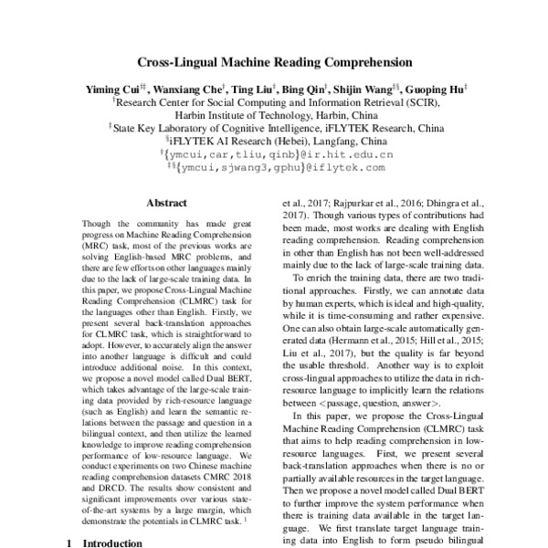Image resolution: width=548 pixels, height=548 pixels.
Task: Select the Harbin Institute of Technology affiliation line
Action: click(x=273, y=116)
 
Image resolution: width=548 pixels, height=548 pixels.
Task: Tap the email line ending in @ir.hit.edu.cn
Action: click(x=274, y=155)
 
